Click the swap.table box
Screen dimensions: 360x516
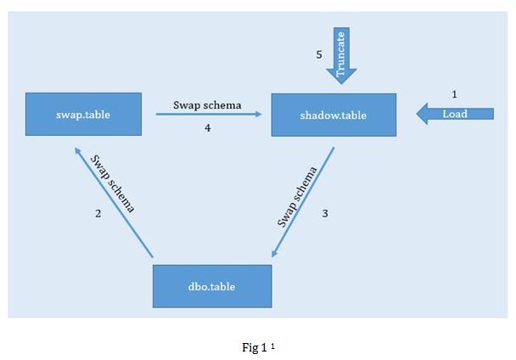coord(82,114)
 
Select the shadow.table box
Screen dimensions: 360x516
coord(334,115)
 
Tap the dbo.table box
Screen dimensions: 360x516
coord(212,286)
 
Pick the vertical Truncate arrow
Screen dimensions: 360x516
coord(341,56)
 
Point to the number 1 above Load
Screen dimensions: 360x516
coord(455,93)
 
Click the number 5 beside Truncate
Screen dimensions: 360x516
coord(319,54)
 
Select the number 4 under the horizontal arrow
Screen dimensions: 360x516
coord(207,128)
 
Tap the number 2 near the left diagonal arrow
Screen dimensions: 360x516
coord(98,214)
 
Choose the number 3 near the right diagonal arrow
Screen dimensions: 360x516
coord(325,214)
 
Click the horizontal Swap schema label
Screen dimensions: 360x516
coord(207,105)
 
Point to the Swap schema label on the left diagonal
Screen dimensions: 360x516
coord(114,183)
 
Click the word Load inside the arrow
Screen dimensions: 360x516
coord(455,114)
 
